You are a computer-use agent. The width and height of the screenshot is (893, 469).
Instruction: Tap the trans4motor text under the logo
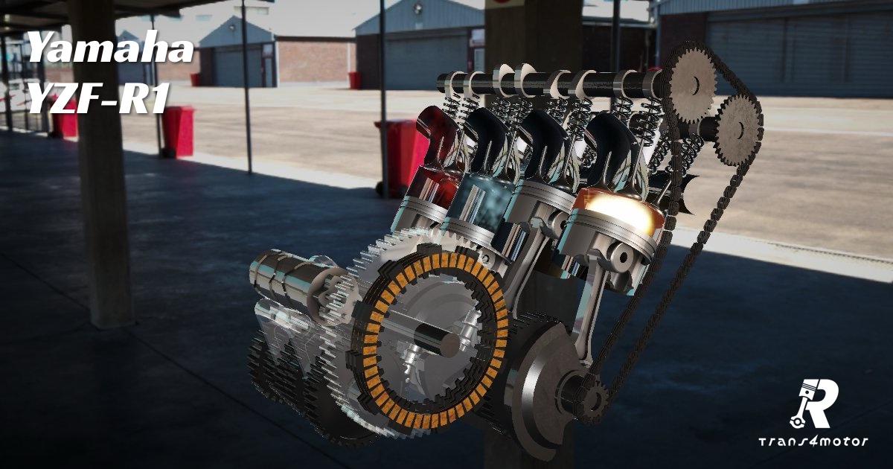point(813,441)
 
